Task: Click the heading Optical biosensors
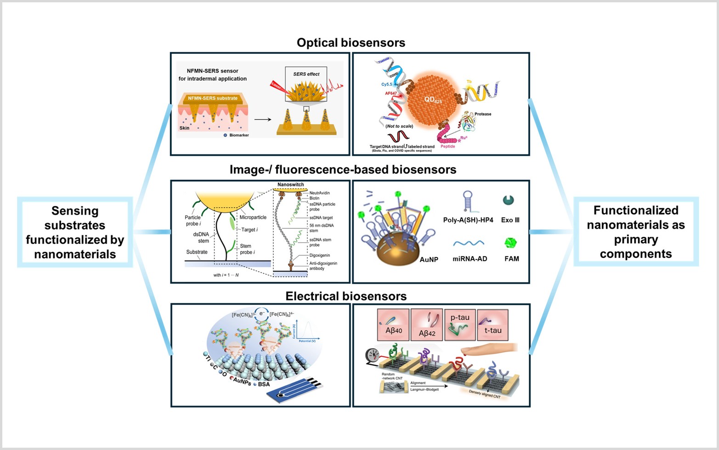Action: pyautogui.click(x=351, y=43)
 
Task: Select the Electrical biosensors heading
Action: pyautogui.click(x=346, y=296)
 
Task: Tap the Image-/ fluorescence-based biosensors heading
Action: pyautogui.click(x=343, y=170)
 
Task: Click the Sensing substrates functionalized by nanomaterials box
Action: pyautogui.click(x=75, y=232)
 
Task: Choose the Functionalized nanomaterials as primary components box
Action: pyautogui.click(x=636, y=232)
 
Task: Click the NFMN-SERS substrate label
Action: pyautogui.click(x=213, y=98)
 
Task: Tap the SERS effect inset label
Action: pyautogui.click(x=306, y=74)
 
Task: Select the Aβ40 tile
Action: pyautogui.click(x=393, y=325)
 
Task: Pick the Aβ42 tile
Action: pyautogui.click(x=427, y=325)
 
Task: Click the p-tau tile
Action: pyautogui.click(x=460, y=325)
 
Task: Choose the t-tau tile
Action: pyautogui.click(x=493, y=325)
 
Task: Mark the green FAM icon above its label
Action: pyautogui.click(x=510, y=243)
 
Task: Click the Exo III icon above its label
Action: pyautogui.click(x=508, y=200)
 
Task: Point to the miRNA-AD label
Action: pyautogui.click(x=470, y=259)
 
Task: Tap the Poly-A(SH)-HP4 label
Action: pyautogui.click(x=468, y=220)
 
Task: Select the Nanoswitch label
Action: pyautogui.click(x=290, y=185)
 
